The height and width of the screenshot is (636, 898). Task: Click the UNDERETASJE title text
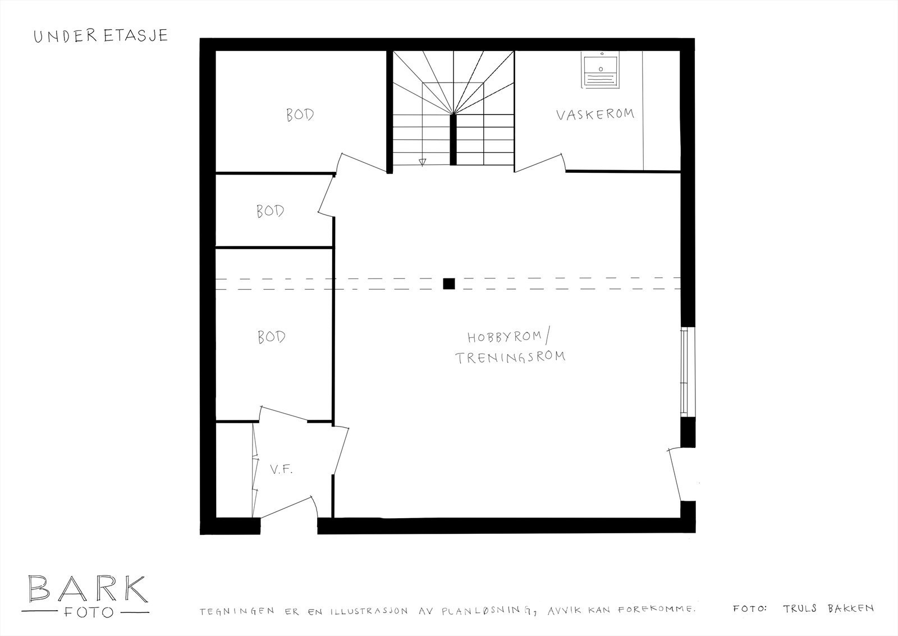[100, 36]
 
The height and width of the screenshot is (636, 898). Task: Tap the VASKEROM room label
[595, 115]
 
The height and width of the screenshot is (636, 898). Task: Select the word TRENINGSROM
[510, 357]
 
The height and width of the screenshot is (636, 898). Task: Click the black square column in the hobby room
[448, 283]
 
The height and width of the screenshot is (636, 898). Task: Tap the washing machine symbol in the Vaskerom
[600, 71]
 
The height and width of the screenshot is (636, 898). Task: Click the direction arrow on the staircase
[423, 162]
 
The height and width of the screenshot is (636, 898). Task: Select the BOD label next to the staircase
[300, 115]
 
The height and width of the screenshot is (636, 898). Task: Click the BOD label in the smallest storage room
[270, 212]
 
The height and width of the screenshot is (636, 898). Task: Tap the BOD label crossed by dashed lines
[271, 337]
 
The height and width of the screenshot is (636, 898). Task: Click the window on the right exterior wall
[684, 372]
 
